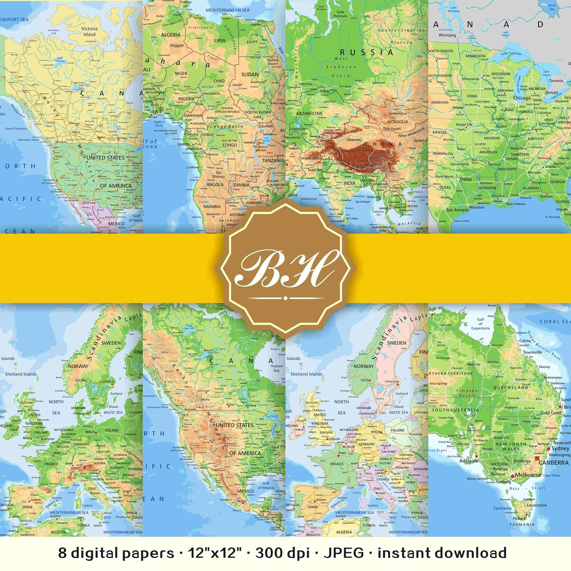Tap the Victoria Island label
89,31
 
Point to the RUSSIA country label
367,52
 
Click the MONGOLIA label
398,122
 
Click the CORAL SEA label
554,321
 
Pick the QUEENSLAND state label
511,387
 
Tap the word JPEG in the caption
345,553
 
